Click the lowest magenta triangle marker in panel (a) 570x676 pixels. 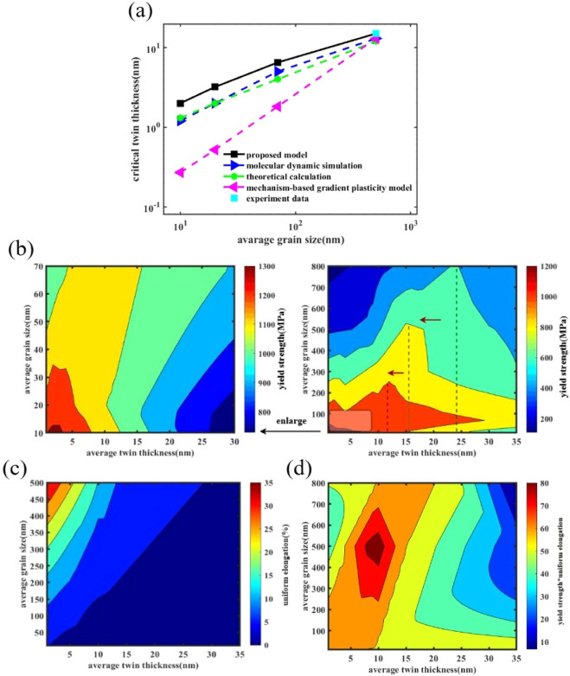(x=180, y=173)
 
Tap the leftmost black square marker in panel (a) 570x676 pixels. (x=180, y=103)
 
